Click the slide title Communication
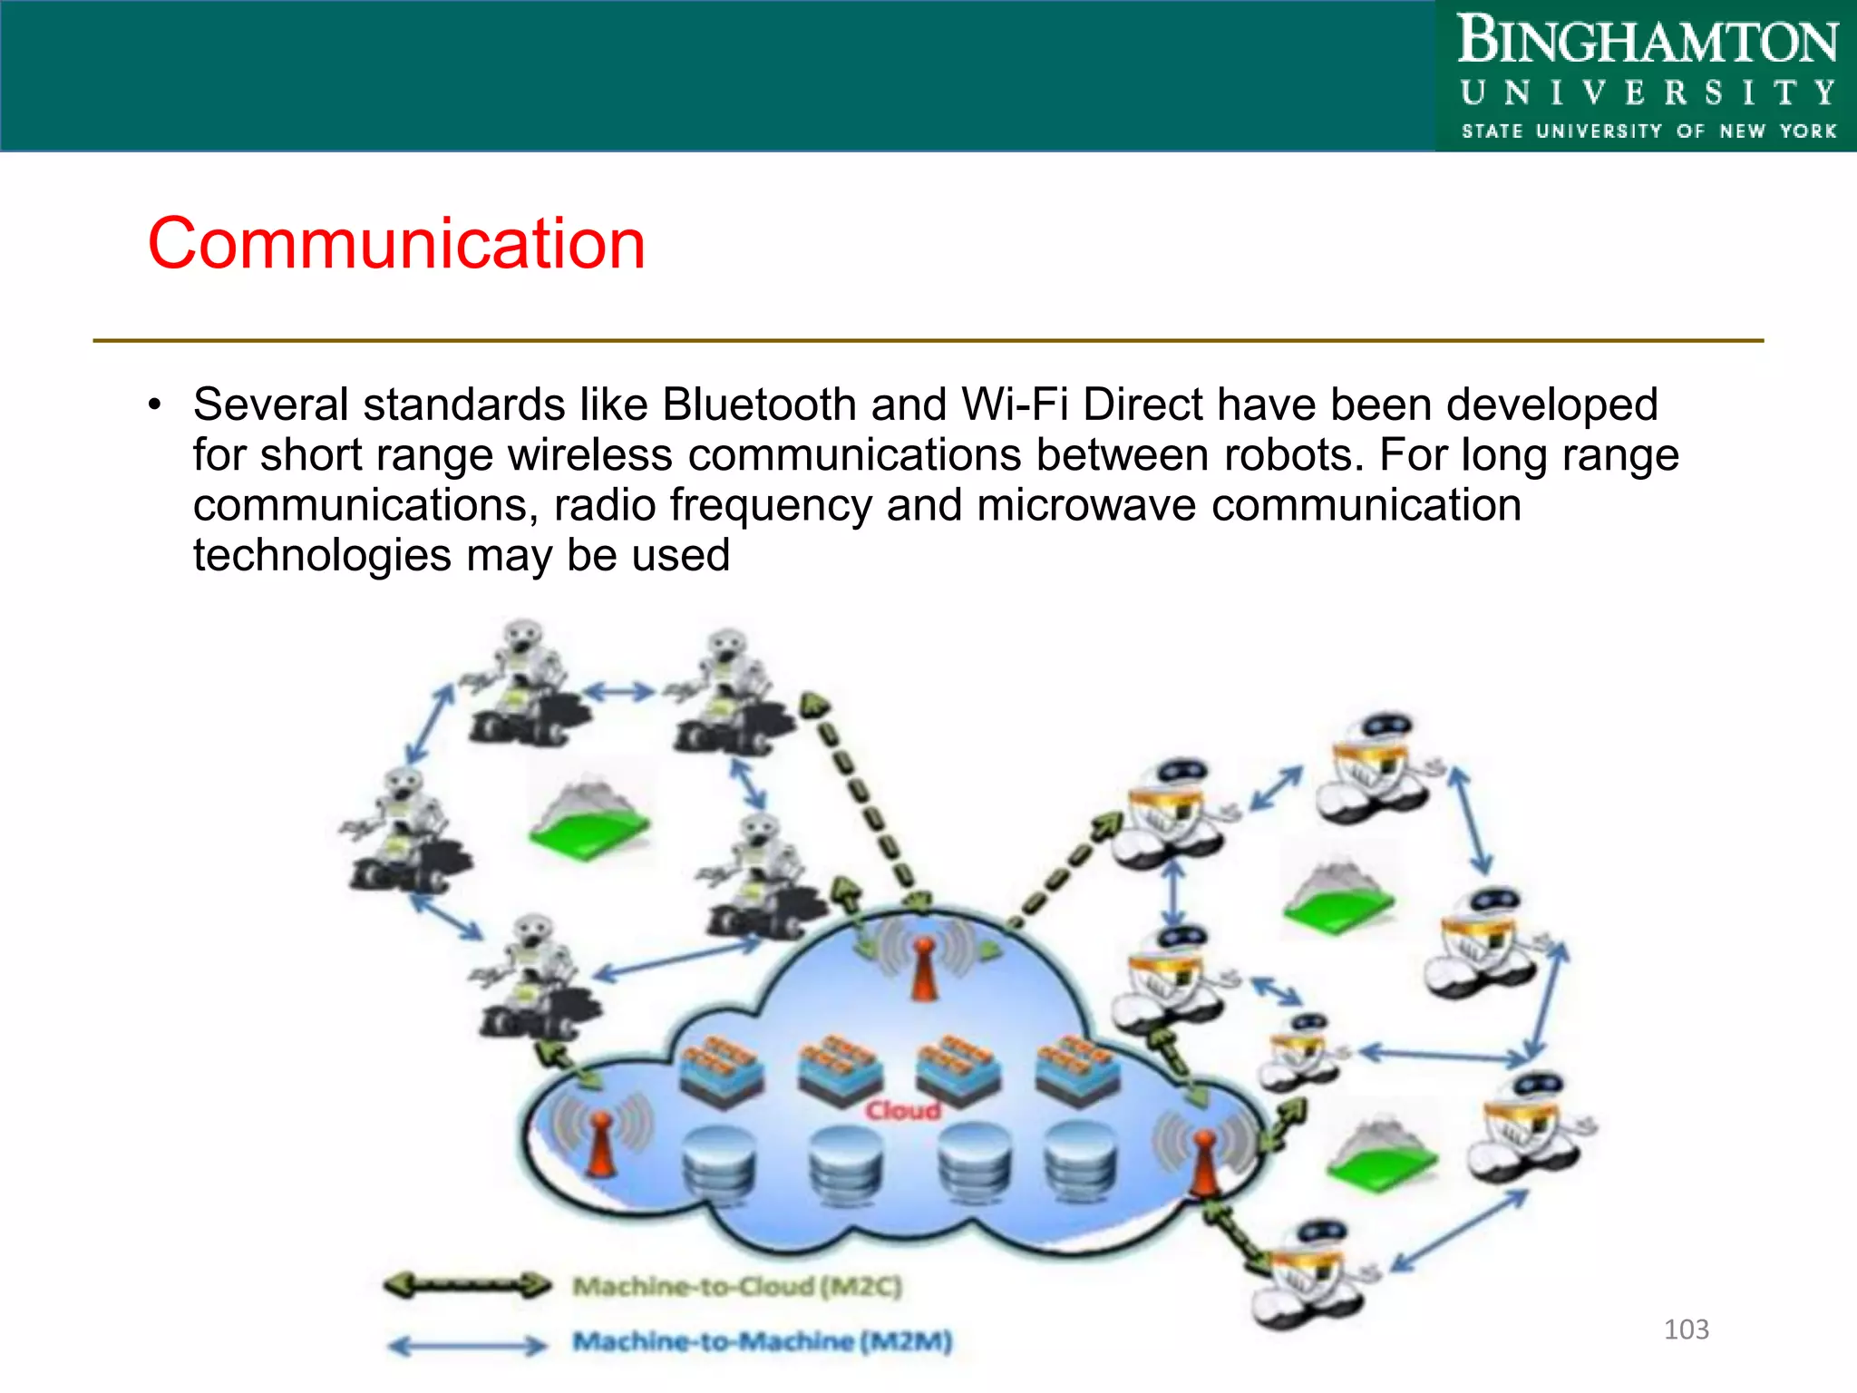coord(396,244)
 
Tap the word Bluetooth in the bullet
coord(759,404)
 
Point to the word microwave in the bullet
coord(1086,505)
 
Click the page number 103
coord(1686,1330)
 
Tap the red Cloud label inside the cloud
coord(902,1110)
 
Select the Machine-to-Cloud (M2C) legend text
coord(737,1286)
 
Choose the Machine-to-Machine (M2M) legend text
coord(762,1340)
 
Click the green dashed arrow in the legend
coord(467,1284)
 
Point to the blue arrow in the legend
coord(467,1345)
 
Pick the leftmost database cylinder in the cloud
coord(719,1165)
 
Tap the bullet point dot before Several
coord(155,404)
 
